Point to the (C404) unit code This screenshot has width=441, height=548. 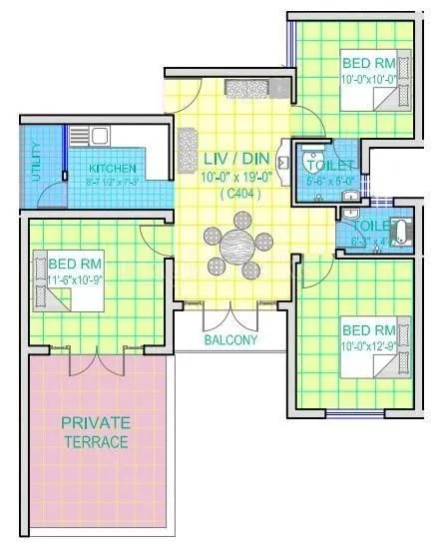pos(235,194)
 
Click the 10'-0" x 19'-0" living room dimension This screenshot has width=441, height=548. pos(232,177)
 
